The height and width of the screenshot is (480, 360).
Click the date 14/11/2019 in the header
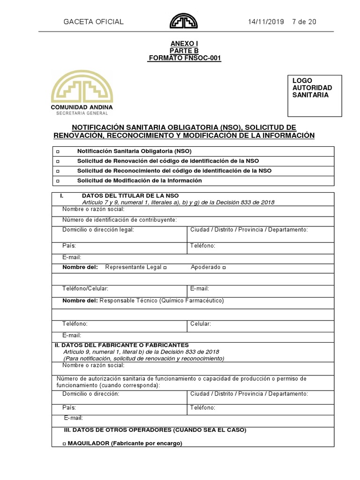click(265, 22)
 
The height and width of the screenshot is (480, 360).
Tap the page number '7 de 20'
click(304, 22)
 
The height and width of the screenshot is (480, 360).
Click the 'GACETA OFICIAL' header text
click(93, 22)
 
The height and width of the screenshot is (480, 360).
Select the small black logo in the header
click(184, 21)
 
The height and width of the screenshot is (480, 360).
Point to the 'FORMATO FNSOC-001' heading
click(184, 58)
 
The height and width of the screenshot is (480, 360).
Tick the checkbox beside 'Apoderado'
click(224, 268)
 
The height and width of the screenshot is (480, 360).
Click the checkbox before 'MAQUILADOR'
click(64, 443)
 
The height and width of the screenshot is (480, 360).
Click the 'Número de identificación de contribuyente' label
click(120, 219)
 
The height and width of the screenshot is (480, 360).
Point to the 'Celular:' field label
click(201, 324)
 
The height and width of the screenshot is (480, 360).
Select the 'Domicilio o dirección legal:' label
click(98, 230)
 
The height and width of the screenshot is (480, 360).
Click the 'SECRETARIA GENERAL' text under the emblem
click(82, 113)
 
